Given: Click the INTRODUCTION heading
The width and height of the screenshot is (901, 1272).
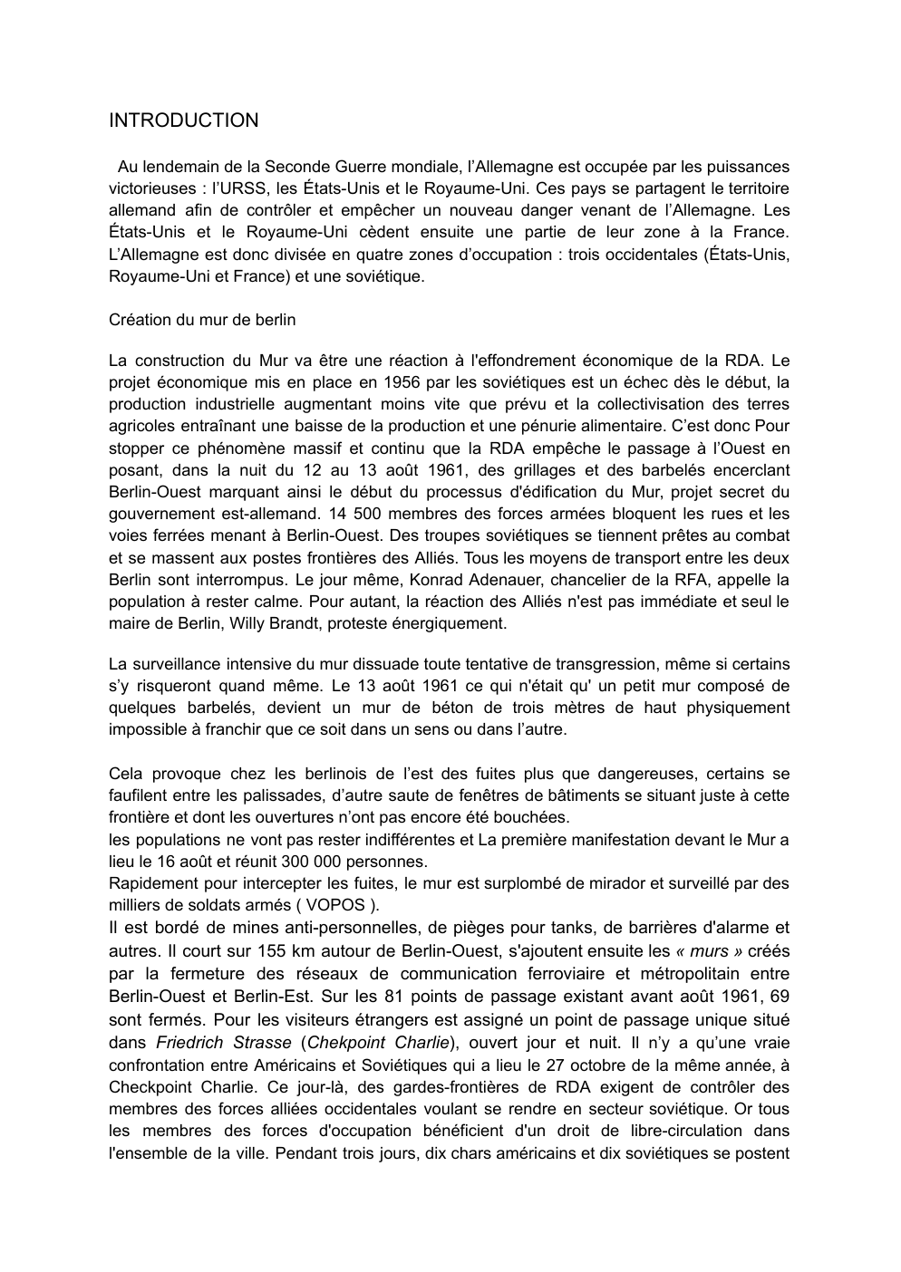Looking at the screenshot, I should coord(183,120).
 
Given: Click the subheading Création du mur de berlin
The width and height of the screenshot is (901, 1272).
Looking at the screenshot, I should coord(202,320).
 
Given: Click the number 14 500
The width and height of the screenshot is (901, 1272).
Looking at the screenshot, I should coord(363,514).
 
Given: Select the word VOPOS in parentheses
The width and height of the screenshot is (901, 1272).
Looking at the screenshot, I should coord(335,905).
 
